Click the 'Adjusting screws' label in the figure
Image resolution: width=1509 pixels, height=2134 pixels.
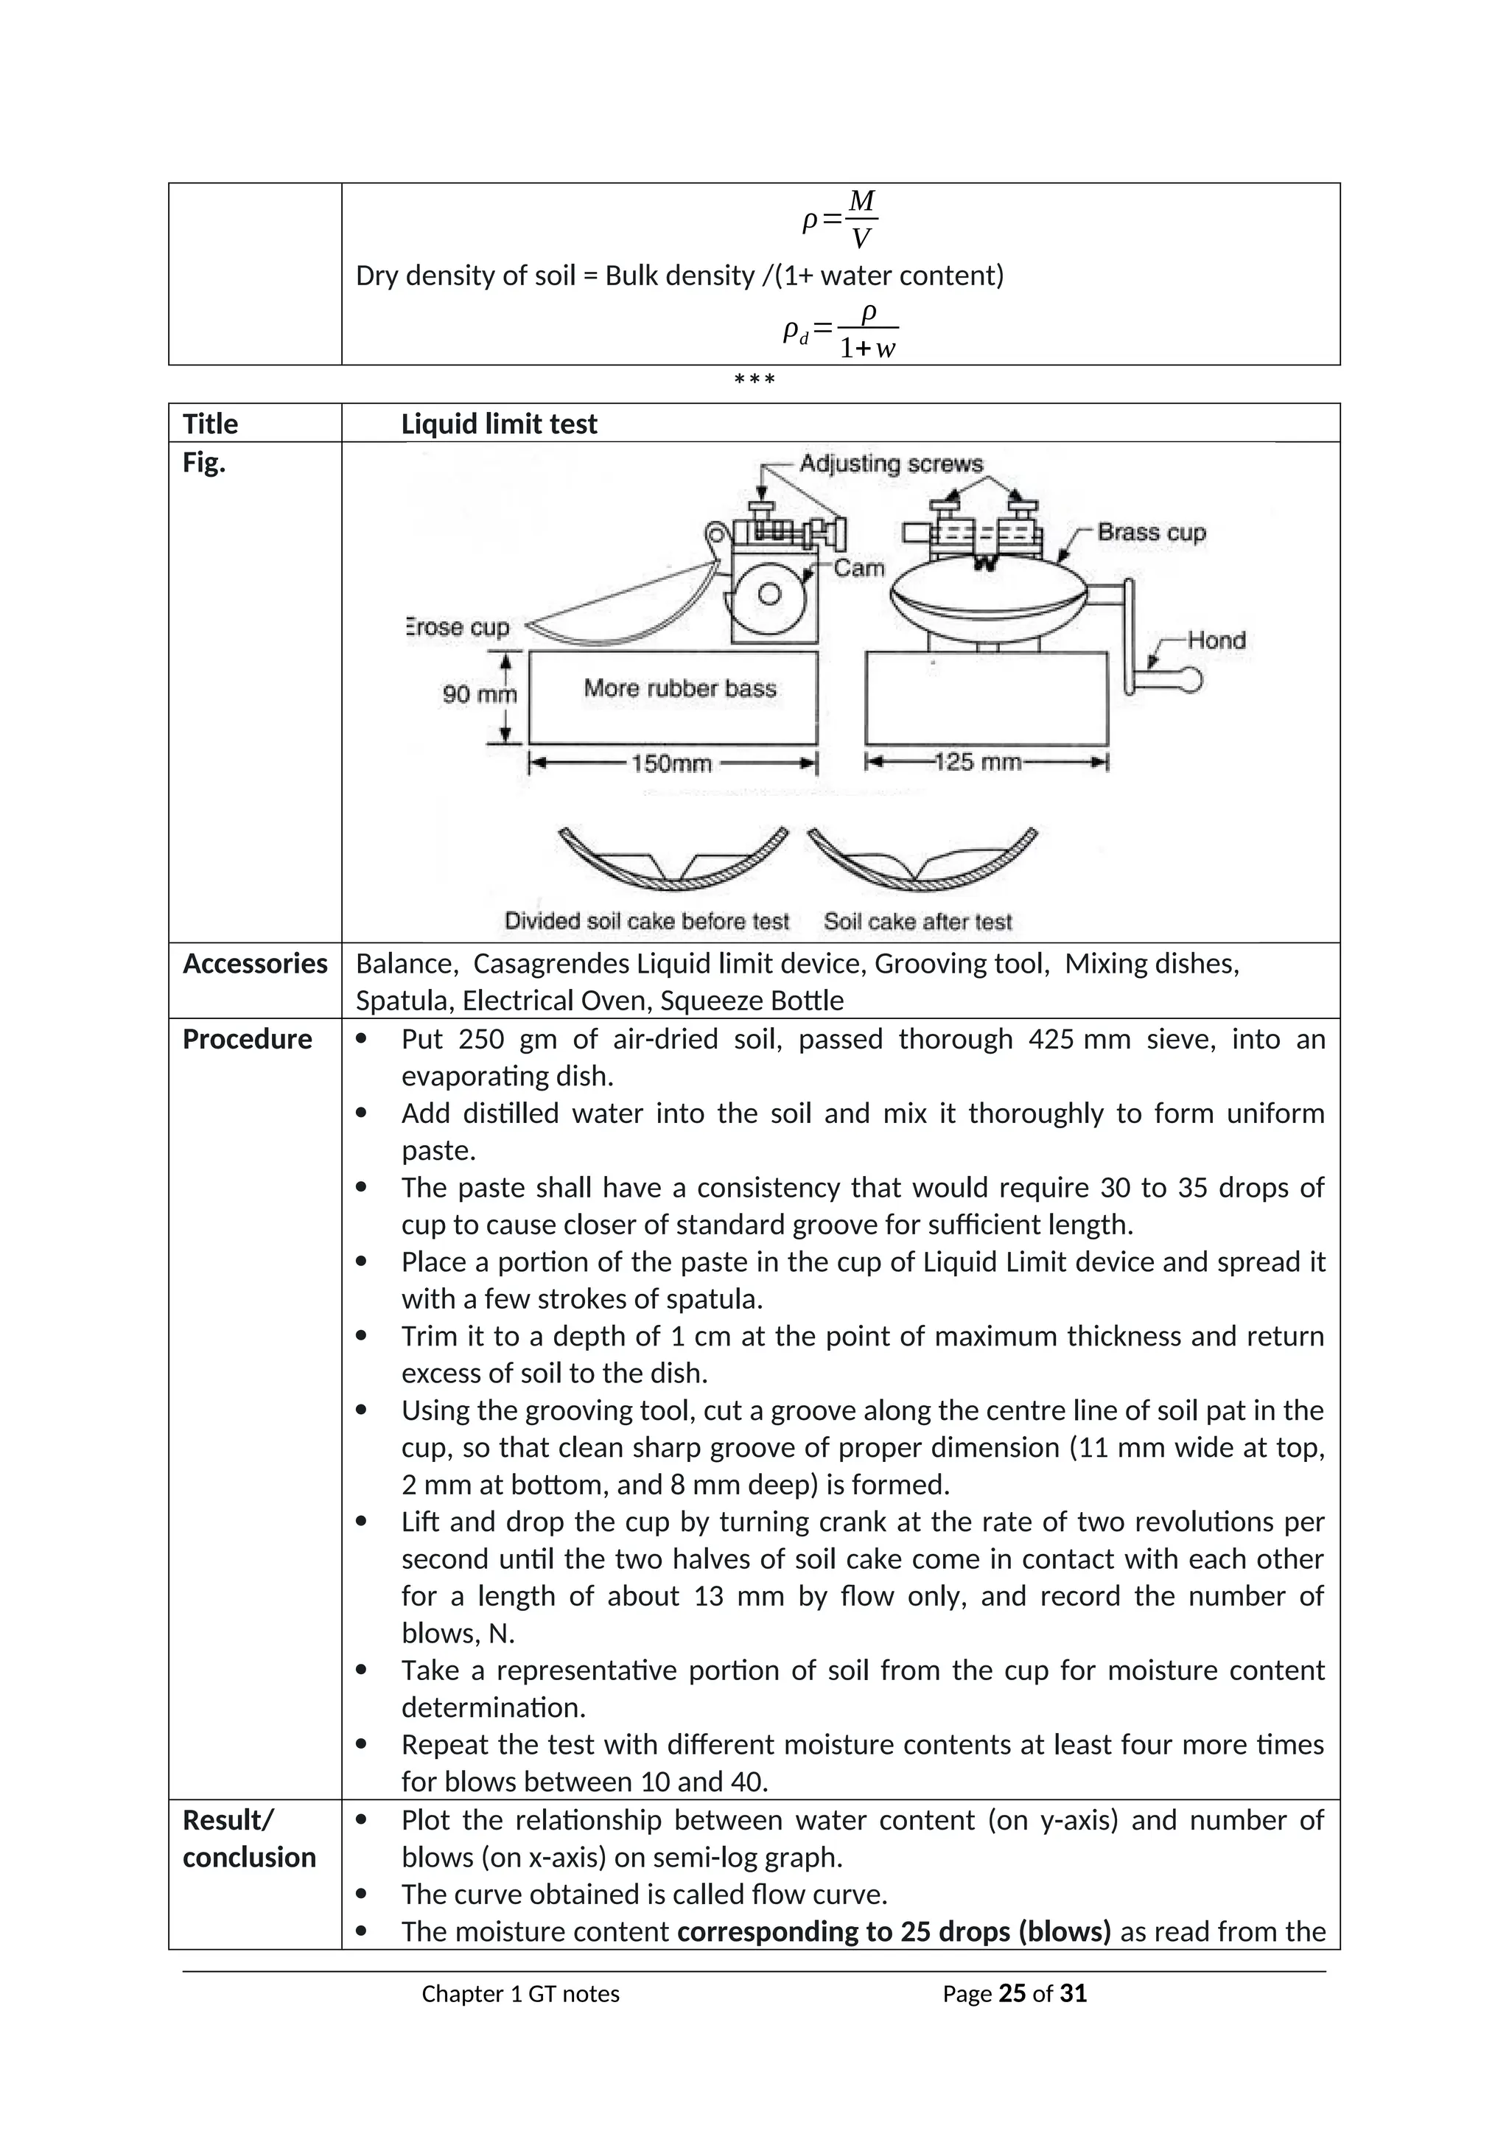pyautogui.click(x=890, y=463)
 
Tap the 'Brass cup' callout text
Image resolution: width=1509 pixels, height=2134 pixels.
pyautogui.click(x=1150, y=533)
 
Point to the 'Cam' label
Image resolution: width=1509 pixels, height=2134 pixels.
pyautogui.click(x=858, y=568)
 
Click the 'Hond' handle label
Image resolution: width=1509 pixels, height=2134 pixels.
pyautogui.click(x=1215, y=640)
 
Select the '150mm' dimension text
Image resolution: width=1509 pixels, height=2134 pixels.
pyautogui.click(x=671, y=764)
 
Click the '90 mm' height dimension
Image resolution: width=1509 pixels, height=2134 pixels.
pyautogui.click(x=477, y=694)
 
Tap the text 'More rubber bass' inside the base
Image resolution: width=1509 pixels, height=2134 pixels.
pyautogui.click(x=679, y=689)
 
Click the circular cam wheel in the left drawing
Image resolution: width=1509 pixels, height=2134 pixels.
pyautogui.click(x=768, y=595)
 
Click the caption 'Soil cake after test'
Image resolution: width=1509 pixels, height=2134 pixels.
pyautogui.click(x=917, y=922)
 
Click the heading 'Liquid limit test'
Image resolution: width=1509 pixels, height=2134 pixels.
pyautogui.click(x=499, y=424)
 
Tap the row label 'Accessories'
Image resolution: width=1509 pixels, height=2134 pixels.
pyautogui.click(x=255, y=964)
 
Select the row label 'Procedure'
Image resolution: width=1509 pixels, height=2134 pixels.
pyautogui.click(x=247, y=1039)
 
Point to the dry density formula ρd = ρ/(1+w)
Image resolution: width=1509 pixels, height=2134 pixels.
pyautogui.click(x=840, y=332)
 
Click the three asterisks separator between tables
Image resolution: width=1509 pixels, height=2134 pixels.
pyautogui.click(x=754, y=380)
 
